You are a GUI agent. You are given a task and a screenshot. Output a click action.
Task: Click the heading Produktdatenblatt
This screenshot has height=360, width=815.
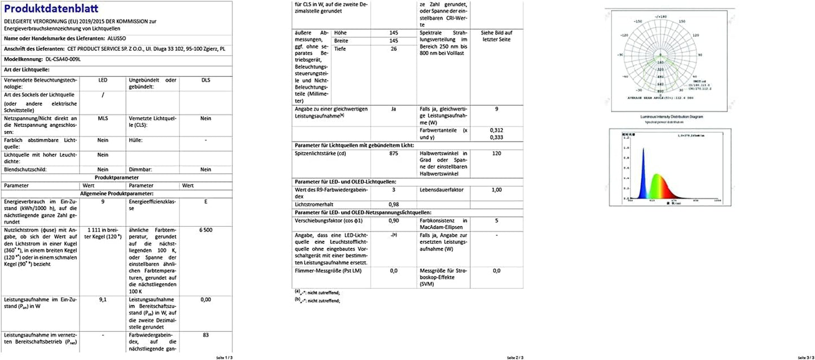tap(51, 9)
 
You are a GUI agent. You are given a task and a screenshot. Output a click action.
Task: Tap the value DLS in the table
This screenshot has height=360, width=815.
tap(206, 80)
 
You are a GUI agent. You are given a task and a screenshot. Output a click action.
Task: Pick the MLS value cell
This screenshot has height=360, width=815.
tap(103, 118)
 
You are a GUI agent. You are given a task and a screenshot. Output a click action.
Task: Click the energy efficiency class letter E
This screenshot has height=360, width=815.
tap(206, 201)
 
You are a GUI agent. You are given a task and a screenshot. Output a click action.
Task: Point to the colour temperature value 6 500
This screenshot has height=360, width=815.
tap(206, 230)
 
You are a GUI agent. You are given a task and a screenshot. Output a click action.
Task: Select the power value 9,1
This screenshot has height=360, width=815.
tap(103, 300)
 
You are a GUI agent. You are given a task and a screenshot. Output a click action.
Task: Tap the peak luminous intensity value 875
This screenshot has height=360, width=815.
tap(394, 153)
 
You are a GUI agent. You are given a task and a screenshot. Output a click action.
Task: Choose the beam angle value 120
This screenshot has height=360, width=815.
tap(497, 153)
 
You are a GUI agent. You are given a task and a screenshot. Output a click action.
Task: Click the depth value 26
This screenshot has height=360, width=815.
tap(394, 49)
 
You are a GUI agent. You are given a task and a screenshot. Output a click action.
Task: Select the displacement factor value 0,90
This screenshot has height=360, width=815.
tap(394, 221)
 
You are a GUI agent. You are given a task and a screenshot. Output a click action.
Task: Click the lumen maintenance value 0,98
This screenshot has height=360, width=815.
tap(394, 204)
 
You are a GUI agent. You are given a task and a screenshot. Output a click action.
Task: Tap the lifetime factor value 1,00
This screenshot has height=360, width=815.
tap(497, 190)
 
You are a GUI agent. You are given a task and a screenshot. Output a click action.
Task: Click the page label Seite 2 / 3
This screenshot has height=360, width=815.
tap(515, 357)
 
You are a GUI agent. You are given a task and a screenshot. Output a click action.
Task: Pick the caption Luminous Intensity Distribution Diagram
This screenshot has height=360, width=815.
tap(671, 117)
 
